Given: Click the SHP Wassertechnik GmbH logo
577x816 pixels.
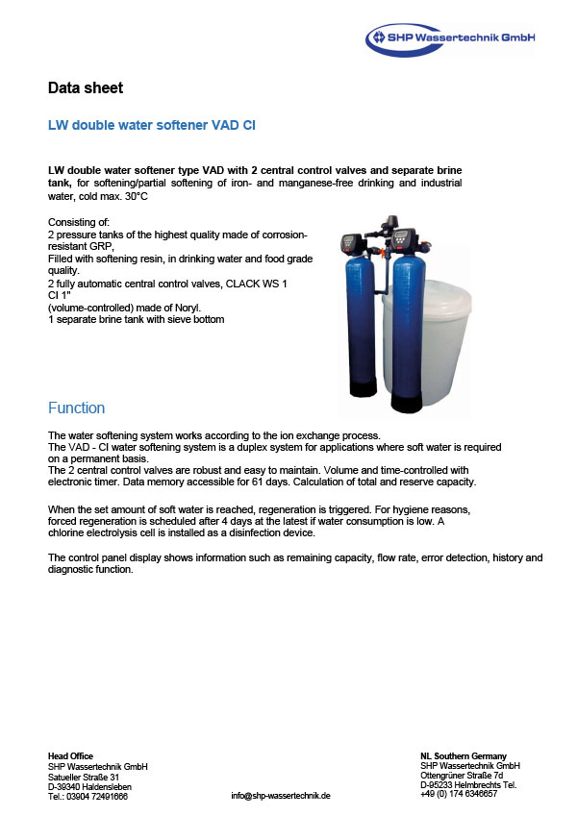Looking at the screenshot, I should point(449,38).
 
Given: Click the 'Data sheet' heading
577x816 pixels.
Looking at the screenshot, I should point(86,88).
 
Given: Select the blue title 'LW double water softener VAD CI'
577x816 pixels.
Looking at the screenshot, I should point(151,126).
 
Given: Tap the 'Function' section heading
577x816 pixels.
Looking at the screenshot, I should point(76,408).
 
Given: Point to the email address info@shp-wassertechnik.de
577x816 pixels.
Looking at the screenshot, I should point(281,796).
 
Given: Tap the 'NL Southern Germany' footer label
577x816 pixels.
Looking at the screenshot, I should point(464,755).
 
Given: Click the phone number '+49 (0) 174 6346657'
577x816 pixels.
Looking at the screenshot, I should point(459,794).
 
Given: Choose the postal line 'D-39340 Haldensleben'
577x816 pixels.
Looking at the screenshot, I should point(90,785).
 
